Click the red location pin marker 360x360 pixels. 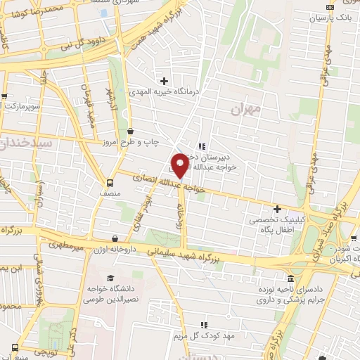tap(180, 165)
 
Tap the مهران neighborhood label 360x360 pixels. tap(245, 109)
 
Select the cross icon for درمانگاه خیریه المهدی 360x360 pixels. tap(165, 81)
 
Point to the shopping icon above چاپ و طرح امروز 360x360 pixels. tap(131, 131)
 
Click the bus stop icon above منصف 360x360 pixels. tap(108, 179)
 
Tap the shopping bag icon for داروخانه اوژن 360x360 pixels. tap(115, 239)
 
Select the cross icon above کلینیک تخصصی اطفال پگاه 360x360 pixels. tap(278, 209)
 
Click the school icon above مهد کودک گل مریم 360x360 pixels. tap(203, 325)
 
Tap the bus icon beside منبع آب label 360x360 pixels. tap(15, 347)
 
